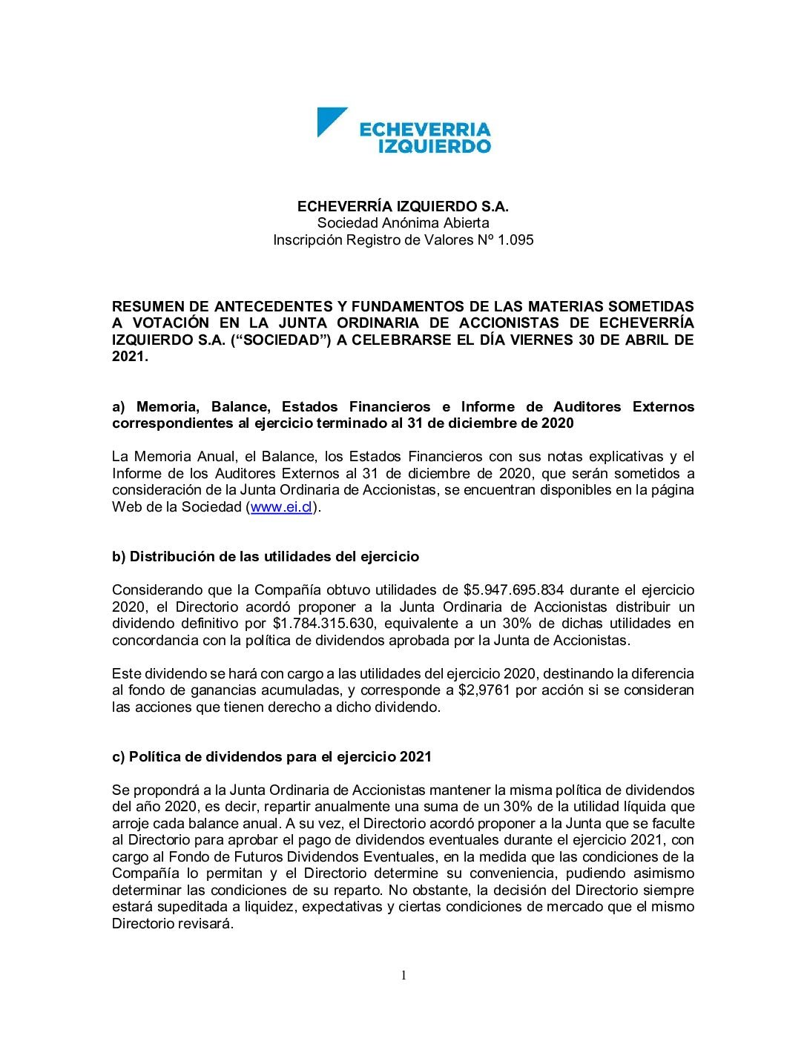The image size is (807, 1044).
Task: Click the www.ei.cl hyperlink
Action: click(x=281, y=507)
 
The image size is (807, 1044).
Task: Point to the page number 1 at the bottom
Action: click(x=403, y=975)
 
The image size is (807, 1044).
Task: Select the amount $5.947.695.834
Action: click(x=513, y=590)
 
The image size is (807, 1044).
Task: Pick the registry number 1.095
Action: click(x=516, y=240)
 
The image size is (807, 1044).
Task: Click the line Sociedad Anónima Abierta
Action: click(x=403, y=223)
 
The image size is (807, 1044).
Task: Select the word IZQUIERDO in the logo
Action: click(x=435, y=146)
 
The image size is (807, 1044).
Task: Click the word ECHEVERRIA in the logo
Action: click(x=425, y=130)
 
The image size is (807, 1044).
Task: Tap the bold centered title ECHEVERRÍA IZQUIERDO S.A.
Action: click(x=403, y=206)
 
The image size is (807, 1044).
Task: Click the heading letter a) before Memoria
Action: click(x=120, y=407)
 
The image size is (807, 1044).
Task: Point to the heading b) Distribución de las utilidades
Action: click(x=266, y=557)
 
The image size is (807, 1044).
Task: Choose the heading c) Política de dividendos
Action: click(x=271, y=757)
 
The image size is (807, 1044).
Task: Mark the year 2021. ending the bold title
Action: click(x=131, y=357)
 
